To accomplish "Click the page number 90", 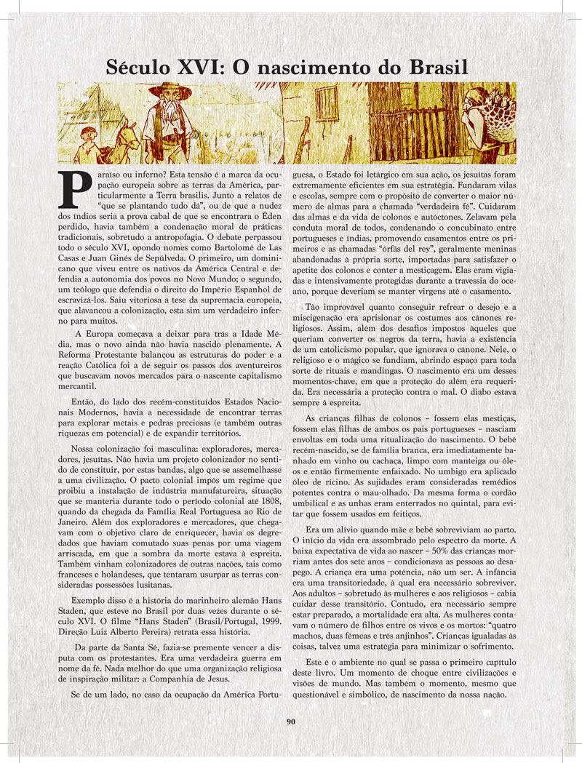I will point(291,722).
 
